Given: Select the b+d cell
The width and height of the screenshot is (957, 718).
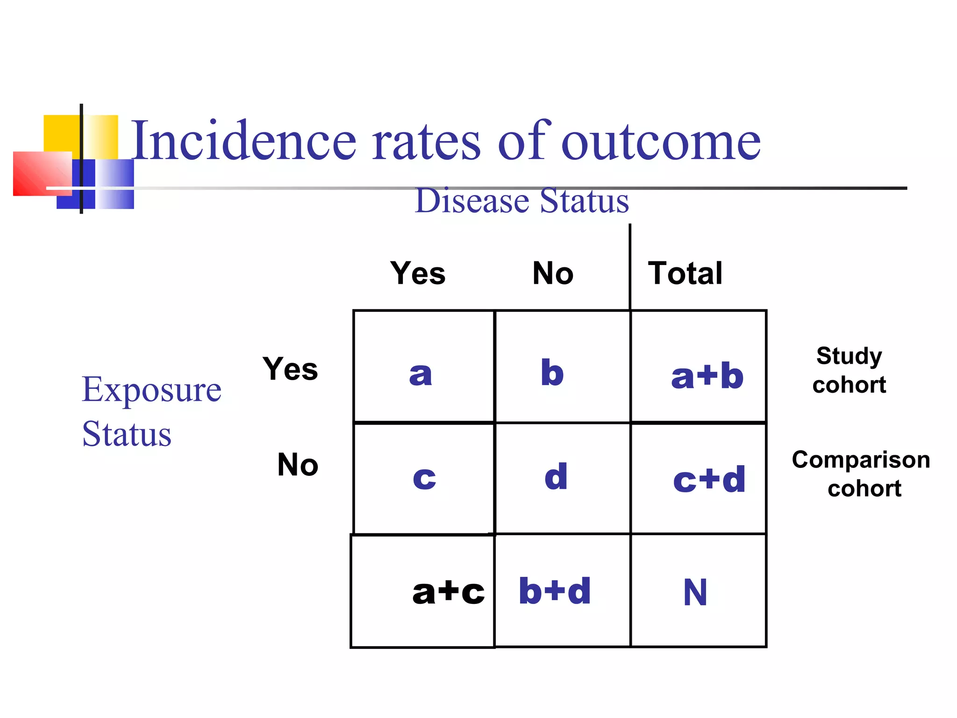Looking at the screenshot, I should pyautogui.click(x=555, y=591).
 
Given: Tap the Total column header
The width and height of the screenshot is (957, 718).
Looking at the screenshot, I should pyautogui.click(x=685, y=273).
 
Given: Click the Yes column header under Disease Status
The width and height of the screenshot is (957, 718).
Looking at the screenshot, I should pyautogui.click(x=418, y=273).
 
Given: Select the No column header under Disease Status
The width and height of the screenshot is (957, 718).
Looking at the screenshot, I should pyautogui.click(x=553, y=273).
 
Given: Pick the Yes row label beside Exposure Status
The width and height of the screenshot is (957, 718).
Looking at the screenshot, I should pyautogui.click(x=290, y=369).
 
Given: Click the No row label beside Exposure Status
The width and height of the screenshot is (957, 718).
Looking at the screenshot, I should pyautogui.click(x=298, y=465).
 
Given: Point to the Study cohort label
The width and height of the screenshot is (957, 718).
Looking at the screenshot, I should pyautogui.click(x=849, y=370).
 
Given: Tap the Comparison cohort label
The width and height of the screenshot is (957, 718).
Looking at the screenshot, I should pyautogui.click(x=861, y=474).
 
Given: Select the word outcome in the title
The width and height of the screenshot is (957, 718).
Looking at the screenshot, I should pyautogui.click(x=661, y=142).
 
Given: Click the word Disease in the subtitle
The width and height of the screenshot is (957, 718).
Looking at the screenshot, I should pyautogui.click(x=472, y=201).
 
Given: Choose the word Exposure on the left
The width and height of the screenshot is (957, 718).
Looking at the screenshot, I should pyautogui.click(x=151, y=390).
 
